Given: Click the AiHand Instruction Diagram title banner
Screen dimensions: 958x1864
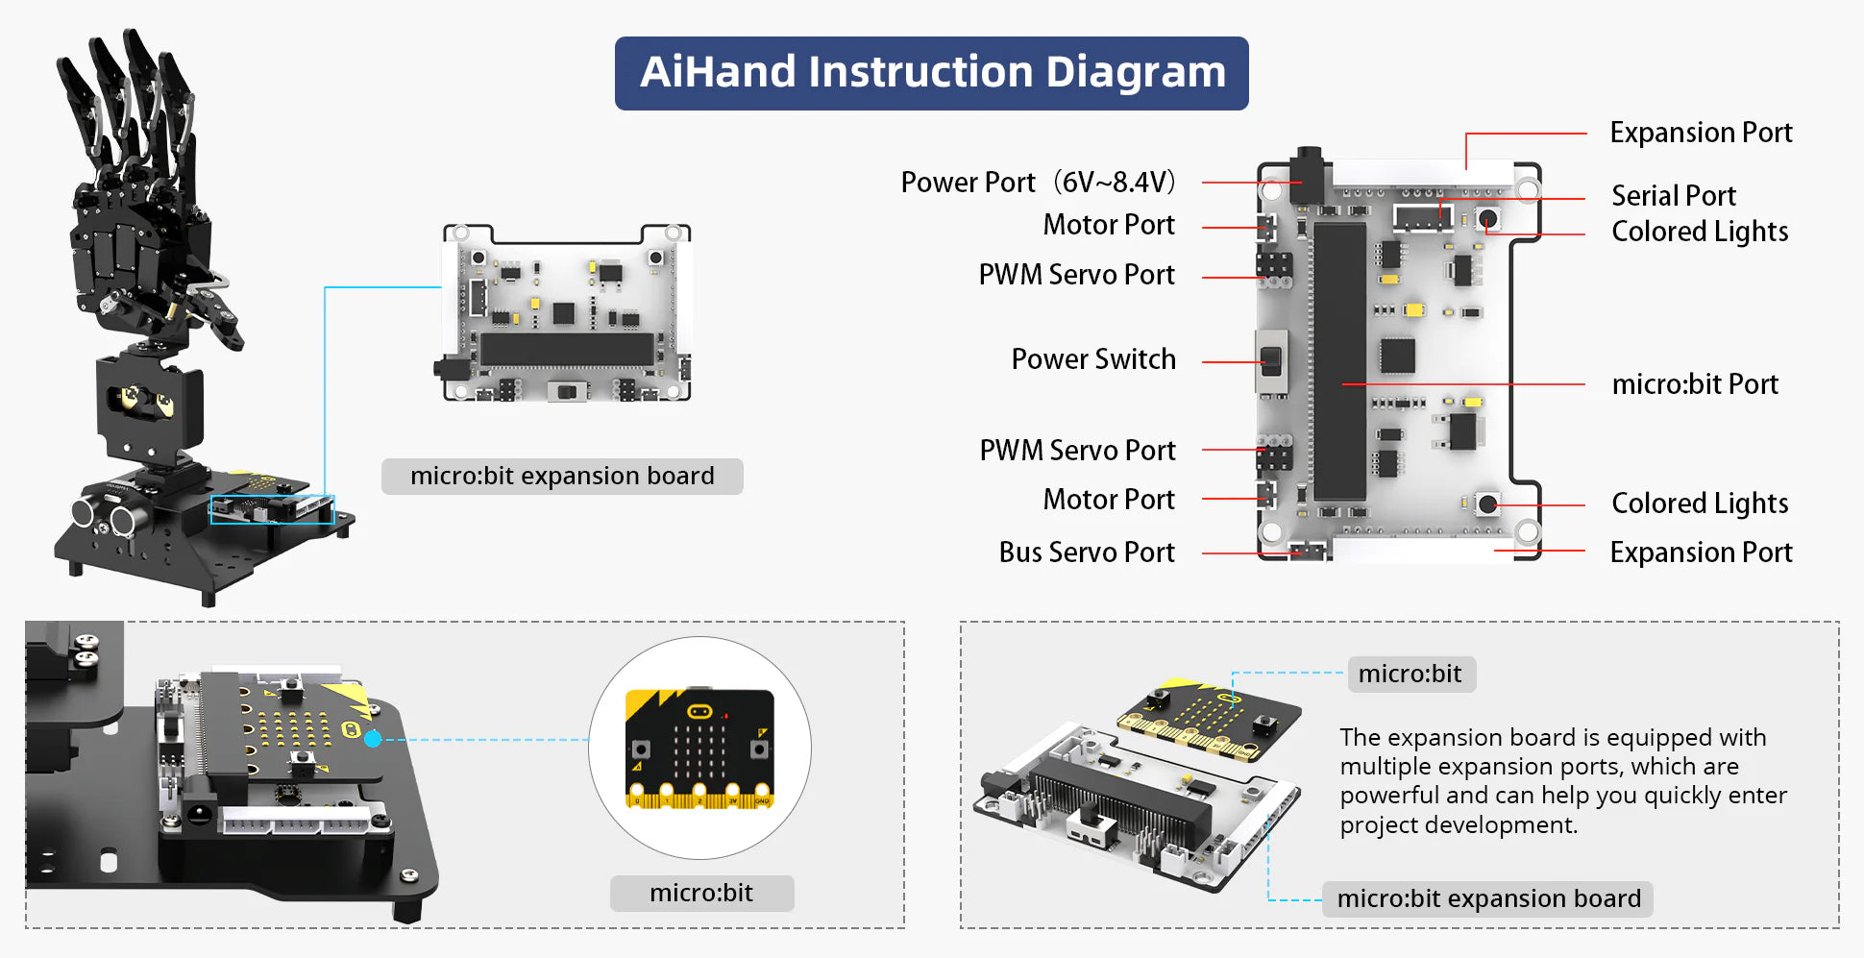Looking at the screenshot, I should (x=931, y=73).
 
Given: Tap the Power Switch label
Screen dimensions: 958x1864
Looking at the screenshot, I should (x=1092, y=359).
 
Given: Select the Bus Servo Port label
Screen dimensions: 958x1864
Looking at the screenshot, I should (x=1086, y=553).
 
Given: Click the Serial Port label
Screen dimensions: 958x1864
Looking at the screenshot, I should (x=1673, y=196).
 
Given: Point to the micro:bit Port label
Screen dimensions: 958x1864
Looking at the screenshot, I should (x=1694, y=384).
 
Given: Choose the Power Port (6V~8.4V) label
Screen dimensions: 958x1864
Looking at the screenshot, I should (x=1038, y=183).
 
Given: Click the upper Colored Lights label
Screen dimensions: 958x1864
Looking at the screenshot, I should (x=1699, y=232).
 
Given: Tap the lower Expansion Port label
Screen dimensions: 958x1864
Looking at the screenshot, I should (x=1700, y=553).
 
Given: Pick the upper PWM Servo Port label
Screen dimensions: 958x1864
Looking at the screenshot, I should (x=1076, y=275).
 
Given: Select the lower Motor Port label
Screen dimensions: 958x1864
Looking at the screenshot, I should (x=1108, y=500).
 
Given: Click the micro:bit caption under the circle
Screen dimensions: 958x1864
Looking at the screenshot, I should (x=701, y=893).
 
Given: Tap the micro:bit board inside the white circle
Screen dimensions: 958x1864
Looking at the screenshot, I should (x=699, y=749).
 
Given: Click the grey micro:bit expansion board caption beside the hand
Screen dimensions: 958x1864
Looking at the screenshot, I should (x=562, y=477).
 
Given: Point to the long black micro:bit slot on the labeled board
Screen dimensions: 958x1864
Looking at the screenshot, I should (x=1339, y=360).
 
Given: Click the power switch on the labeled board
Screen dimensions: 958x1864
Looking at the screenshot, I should (x=1271, y=361).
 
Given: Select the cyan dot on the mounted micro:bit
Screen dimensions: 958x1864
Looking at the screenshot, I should (x=373, y=738).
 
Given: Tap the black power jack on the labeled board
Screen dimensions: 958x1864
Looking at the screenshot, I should (x=1307, y=173).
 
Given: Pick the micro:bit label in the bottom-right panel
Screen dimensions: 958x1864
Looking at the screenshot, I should (x=1410, y=674).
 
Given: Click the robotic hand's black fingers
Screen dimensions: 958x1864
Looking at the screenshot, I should (x=130, y=106).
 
